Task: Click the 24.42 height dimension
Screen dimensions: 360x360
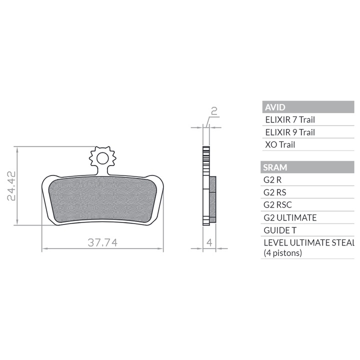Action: point(11,185)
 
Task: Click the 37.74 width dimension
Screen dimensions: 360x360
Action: point(102,242)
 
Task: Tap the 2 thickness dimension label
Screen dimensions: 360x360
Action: point(214,111)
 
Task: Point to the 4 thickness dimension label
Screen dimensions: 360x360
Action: point(209,242)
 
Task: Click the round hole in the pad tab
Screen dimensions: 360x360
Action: point(102,158)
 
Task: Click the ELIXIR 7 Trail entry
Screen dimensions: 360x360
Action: point(290,119)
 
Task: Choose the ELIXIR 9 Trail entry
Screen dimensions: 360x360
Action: point(290,132)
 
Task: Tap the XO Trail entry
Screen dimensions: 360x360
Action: point(280,144)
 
